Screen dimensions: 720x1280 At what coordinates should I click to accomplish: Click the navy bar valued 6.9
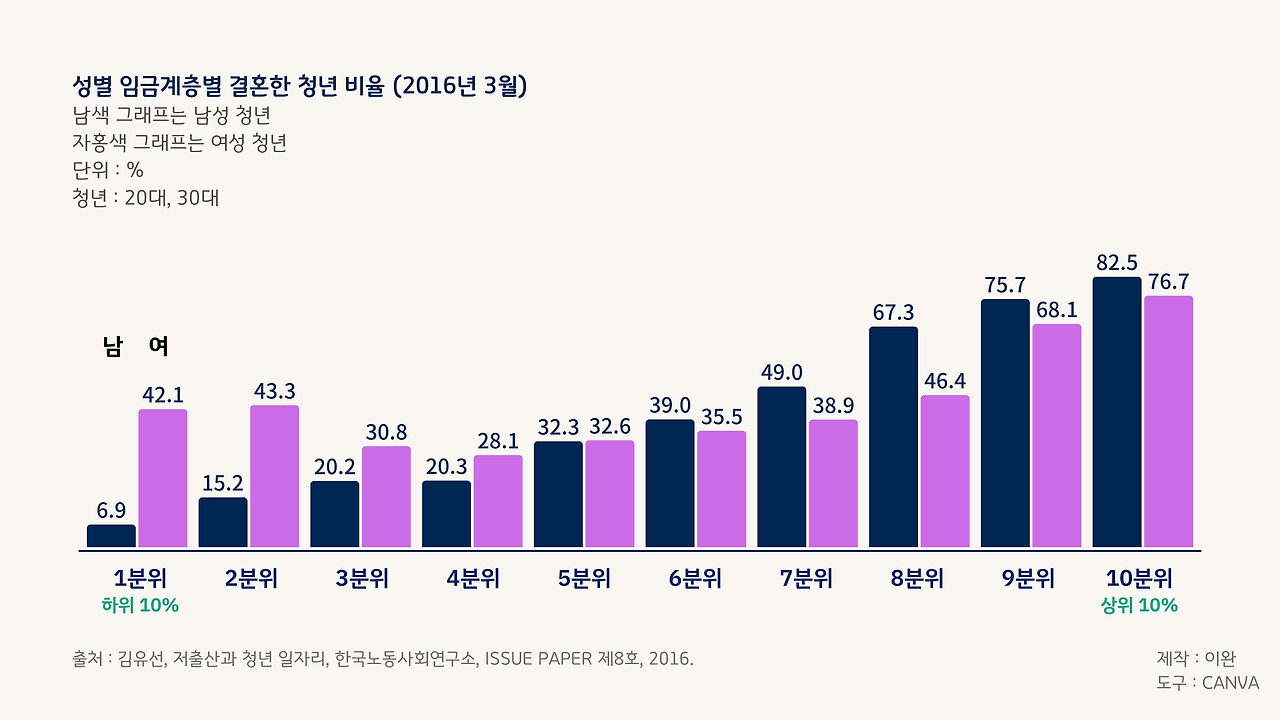point(111,536)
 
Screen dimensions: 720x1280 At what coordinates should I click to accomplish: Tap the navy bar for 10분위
point(1116,412)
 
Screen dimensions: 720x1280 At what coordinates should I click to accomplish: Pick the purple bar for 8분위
point(945,471)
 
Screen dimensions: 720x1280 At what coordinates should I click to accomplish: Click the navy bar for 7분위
point(781,467)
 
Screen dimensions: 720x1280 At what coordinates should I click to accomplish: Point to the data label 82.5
point(1116,263)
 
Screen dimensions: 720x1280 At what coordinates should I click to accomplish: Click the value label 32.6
point(610,426)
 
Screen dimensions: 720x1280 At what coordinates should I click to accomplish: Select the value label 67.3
point(893,313)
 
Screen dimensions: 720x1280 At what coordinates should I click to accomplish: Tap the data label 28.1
point(498,441)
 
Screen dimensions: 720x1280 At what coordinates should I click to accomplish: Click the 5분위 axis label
point(584,579)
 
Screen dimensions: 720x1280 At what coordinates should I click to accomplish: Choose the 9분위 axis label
point(1028,579)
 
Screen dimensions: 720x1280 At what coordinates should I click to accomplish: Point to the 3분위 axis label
point(361,579)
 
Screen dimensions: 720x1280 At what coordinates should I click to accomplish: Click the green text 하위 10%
point(140,605)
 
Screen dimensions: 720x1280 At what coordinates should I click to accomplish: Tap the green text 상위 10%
point(1139,605)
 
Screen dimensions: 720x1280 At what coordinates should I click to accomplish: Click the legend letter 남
point(112,347)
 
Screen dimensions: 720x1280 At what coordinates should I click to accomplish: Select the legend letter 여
point(158,347)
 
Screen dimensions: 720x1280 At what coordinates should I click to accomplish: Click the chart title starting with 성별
point(300,86)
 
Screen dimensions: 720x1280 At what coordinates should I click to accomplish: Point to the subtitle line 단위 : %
point(108,170)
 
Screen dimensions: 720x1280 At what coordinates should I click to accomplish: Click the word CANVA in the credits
point(1230,683)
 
